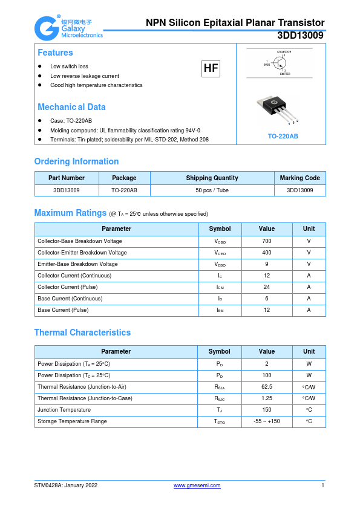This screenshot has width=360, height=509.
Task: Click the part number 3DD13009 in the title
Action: click(x=300, y=36)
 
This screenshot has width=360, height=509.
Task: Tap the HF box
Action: click(x=211, y=68)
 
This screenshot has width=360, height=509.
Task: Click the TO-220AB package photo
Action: click(x=280, y=110)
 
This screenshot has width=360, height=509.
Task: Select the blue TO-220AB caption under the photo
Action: click(x=283, y=137)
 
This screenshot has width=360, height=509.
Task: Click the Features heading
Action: click(x=55, y=53)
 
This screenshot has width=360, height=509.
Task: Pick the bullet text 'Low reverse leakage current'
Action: click(x=85, y=76)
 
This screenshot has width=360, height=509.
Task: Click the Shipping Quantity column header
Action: click(x=212, y=178)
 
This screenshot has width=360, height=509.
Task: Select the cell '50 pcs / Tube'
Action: click(x=212, y=190)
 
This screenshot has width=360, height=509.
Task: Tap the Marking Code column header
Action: click(x=299, y=178)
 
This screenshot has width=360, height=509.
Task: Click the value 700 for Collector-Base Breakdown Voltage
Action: click(x=267, y=241)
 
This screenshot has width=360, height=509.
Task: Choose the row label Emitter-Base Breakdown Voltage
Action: click(x=77, y=264)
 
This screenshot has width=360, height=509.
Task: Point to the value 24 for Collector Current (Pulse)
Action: click(x=267, y=287)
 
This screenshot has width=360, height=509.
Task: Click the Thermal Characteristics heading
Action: click(x=82, y=332)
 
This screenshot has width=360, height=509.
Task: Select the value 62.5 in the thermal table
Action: click(x=267, y=386)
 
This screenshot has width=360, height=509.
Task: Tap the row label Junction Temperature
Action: click(x=64, y=410)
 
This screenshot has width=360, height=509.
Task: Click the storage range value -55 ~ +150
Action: click(x=267, y=421)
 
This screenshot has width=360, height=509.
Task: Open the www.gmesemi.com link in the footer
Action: click(x=197, y=485)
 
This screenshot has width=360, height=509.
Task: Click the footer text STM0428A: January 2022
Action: click(x=66, y=485)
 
